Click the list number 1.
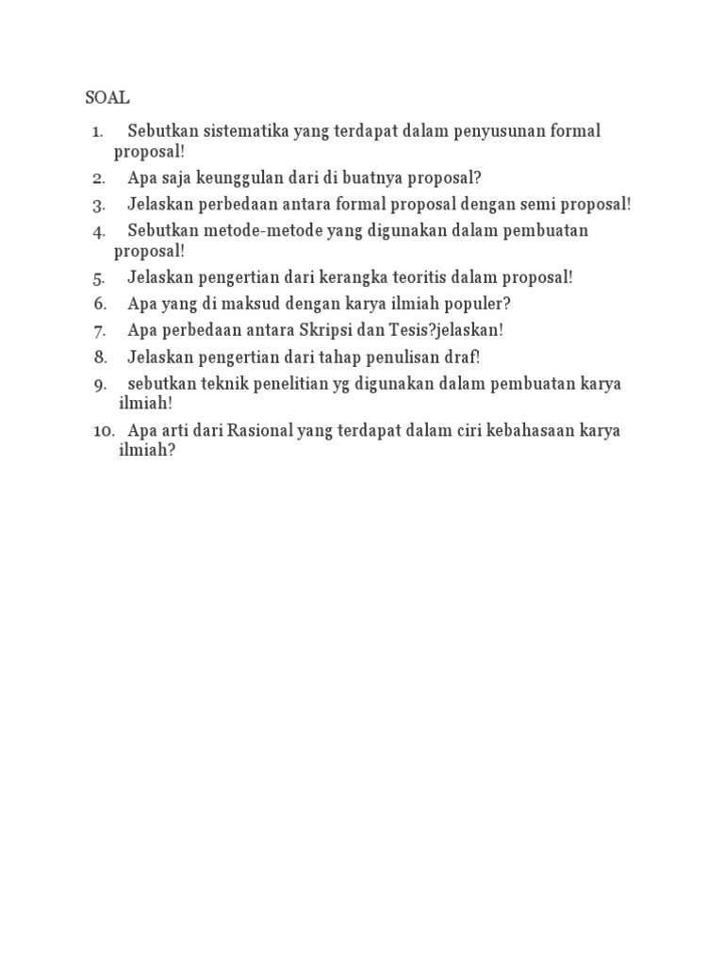97,132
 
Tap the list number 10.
103,431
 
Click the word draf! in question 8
462,358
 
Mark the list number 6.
101,305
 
